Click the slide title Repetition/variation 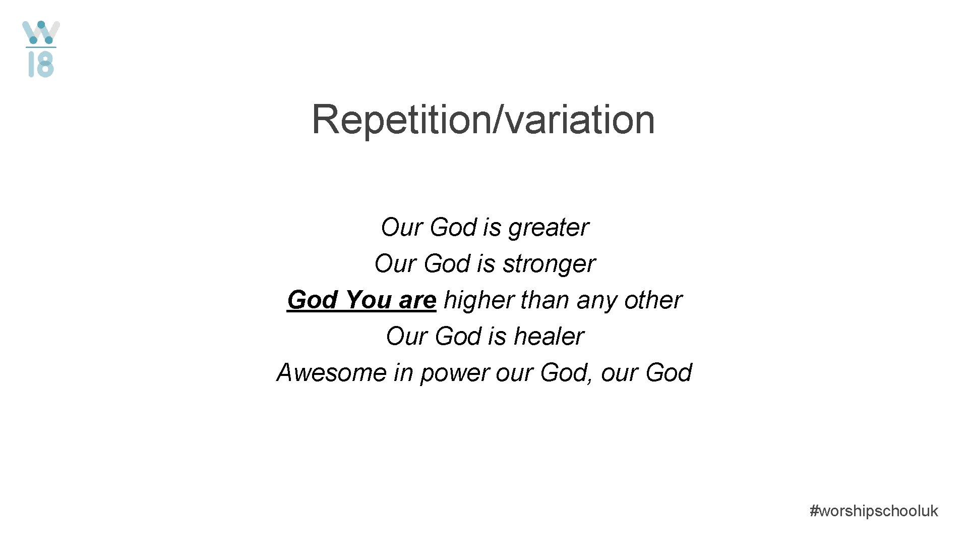coord(483,119)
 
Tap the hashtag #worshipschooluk coord(873,511)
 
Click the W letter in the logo coord(41,33)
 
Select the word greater coord(548,228)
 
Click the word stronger coord(549,264)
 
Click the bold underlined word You coord(369,300)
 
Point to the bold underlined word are coord(417,301)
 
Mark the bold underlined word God coord(313,300)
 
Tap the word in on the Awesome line coord(403,372)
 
